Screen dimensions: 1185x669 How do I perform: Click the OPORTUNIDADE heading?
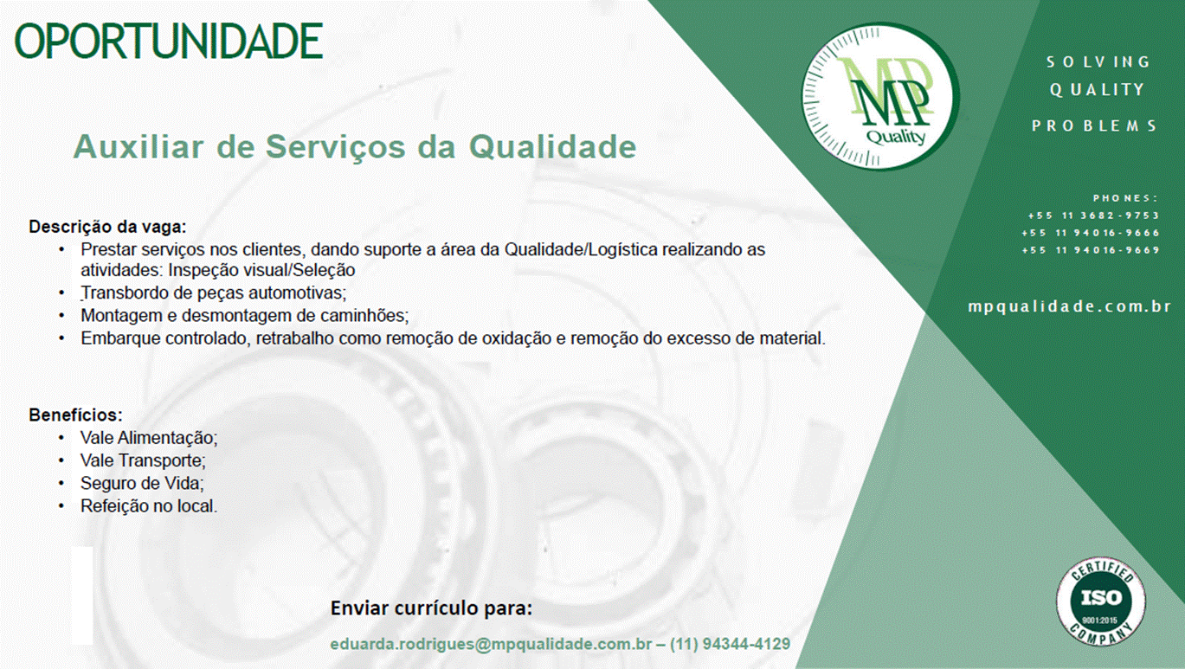tap(169, 40)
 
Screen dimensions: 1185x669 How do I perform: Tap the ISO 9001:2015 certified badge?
tap(1101, 601)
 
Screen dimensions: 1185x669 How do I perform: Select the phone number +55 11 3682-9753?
tap(1093, 215)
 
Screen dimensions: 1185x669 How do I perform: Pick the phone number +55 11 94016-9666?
tap(1091, 233)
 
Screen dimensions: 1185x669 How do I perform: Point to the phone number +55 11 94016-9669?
tap(1091, 250)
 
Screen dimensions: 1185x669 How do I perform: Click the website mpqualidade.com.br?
tap(1069, 307)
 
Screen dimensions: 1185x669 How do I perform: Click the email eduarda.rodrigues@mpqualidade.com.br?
tap(491, 644)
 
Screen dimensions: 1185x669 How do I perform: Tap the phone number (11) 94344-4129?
tap(730, 644)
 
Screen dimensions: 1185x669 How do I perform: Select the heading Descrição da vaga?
tap(107, 227)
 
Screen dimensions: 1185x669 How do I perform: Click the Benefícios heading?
tap(75, 415)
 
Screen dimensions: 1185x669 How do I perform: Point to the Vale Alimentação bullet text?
tap(149, 438)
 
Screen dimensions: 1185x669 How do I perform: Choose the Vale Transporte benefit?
tap(143, 460)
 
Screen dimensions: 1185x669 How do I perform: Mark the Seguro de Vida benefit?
tap(142, 484)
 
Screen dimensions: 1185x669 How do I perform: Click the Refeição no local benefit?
tap(149, 506)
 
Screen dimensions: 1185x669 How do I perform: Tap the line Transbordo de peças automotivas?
tap(214, 293)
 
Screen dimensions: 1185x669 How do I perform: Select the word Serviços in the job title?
tap(335, 147)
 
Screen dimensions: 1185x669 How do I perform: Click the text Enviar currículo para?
tap(431, 608)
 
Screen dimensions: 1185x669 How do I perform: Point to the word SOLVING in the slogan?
tap(1098, 62)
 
